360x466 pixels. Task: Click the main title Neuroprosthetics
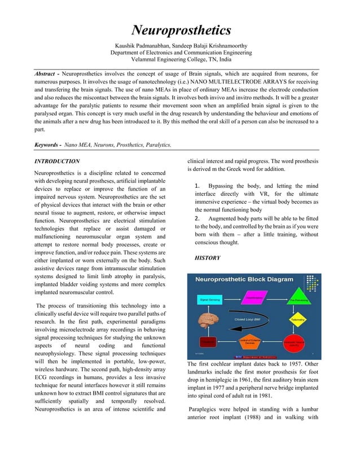click(x=181, y=30)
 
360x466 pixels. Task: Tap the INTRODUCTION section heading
click(x=57, y=161)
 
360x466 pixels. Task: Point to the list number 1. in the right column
click(x=197, y=186)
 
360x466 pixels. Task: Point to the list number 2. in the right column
click(x=197, y=218)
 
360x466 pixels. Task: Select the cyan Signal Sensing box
click(x=210, y=300)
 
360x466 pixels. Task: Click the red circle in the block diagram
click(x=294, y=342)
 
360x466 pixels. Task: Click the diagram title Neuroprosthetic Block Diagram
click(x=244, y=279)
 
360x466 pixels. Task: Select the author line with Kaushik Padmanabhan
click(x=181, y=45)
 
